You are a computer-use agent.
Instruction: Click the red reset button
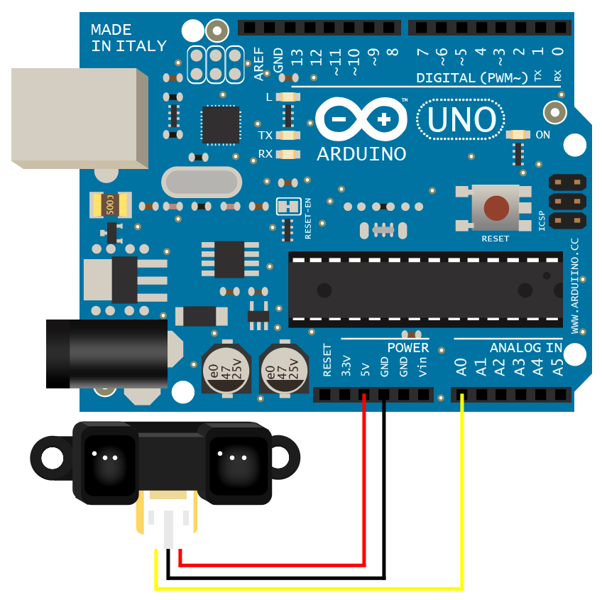[x=496, y=208]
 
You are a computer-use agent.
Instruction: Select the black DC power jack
[x=106, y=354]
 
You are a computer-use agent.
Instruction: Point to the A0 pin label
[x=461, y=367]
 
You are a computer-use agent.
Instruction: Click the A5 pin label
[x=558, y=367]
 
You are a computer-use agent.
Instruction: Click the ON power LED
[x=519, y=135]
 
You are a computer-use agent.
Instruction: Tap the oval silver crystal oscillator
[x=202, y=182]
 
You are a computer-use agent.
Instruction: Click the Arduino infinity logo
[x=361, y=119]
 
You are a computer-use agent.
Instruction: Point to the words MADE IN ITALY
[x=128, y=38]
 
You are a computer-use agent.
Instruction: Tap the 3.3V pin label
[x=346, y=365]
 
